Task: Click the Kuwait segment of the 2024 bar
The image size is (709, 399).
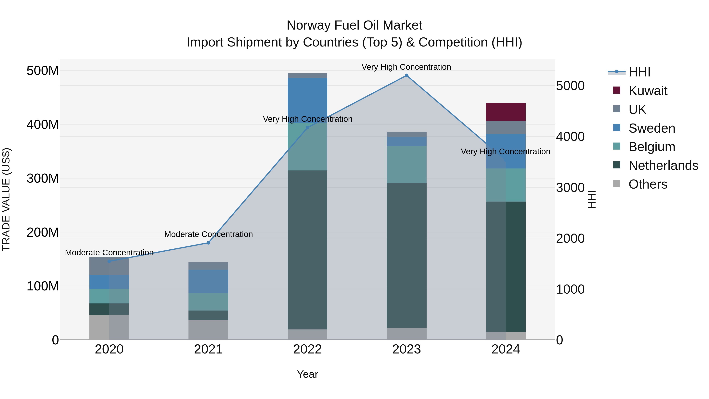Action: point(506,112)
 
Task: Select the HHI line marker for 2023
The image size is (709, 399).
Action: point(406,75)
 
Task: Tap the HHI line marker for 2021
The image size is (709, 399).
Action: point(208,243)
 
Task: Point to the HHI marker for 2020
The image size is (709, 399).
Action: point(109,261)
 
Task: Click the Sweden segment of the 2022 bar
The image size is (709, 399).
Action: point(307,99)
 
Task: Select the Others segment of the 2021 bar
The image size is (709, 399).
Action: point(208,330)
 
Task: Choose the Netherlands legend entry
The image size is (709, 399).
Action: point(663,166)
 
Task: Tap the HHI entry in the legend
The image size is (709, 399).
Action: point(639,72)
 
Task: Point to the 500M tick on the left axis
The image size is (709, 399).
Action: point(43,71)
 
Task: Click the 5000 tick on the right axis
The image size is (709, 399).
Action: point(570,86)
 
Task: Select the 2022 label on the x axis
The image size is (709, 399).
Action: point(307,349)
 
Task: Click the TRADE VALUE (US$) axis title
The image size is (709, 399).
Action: point(6,199)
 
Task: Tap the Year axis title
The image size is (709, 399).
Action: point(307,374)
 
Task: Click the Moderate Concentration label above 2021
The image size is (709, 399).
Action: point(208,234)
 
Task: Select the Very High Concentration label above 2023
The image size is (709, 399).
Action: point(406,67)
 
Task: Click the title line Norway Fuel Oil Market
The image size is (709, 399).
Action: point(354,25)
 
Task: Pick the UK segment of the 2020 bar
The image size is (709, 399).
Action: point(109,266)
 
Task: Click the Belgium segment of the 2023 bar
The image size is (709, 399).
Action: point(406,164)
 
